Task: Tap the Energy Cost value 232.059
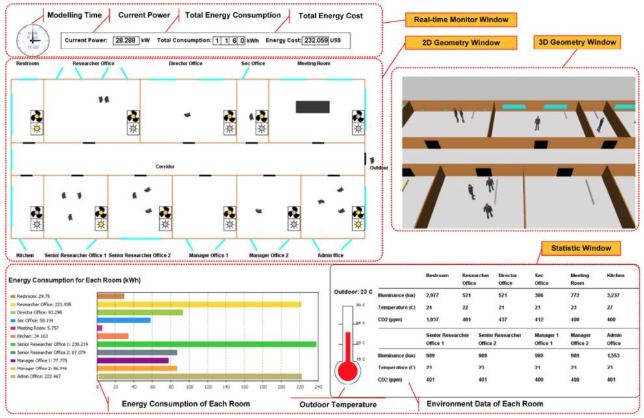click(x=316, y=40)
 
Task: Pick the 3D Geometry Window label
click(x=576, y=42)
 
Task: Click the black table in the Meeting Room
click(x=313, y=107)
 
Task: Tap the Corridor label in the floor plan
click(x=164, y=167)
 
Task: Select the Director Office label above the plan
click(x=186, y=64)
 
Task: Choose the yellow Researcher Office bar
click(x=199, y=304)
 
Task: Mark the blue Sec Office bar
click(x=124, y=320)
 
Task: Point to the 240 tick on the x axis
click(x=316, y=386)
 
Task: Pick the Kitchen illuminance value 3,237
click(x=615, y=294)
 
